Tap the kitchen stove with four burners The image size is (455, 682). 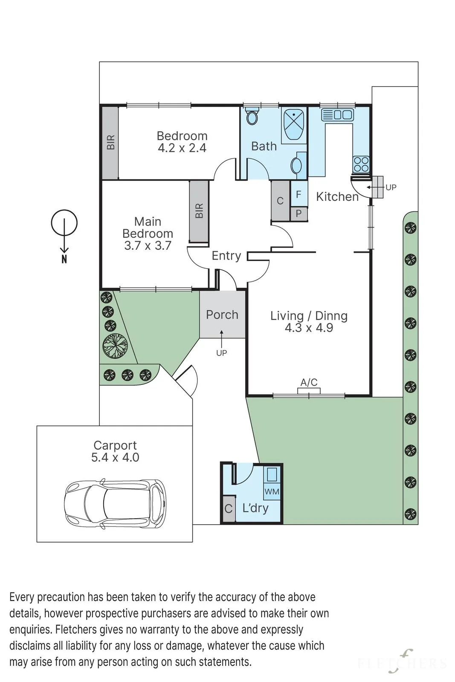(x=361, y=164)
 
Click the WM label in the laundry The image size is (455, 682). (x=271, y=491)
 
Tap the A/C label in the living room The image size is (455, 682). (x=309, y=382)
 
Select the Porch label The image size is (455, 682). (x=222, y=315)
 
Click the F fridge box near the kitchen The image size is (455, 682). (x=299, y=194)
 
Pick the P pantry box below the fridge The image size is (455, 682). (x=299, y=214)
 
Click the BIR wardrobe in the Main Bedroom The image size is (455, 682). (x=199, y=211)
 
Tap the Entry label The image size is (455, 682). (x=226, y=256)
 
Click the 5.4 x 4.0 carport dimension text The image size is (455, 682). (x=115, y=457)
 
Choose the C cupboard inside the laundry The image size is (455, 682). (x=229, y=509)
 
